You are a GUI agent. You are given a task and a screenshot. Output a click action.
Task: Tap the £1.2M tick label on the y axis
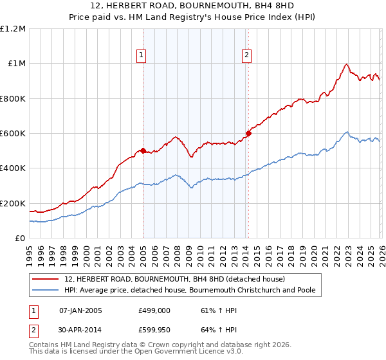(x=13, y=29)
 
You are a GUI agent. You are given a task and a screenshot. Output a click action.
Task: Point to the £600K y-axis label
(x=13, y=134)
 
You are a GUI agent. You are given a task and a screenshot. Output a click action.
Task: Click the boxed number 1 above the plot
(x=142, y=56)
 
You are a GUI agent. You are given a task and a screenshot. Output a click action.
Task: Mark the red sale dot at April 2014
(x=248, y=134)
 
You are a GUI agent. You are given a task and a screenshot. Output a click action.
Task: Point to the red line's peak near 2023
(x=347, y=64)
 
